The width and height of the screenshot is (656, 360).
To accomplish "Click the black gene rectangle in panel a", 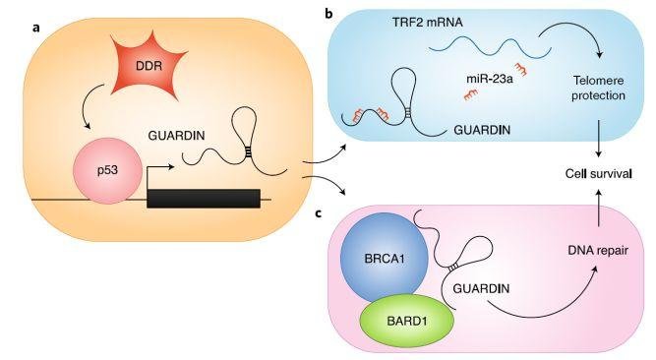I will click(203, 197).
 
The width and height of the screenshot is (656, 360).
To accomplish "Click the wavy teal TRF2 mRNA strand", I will click(482, 43).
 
